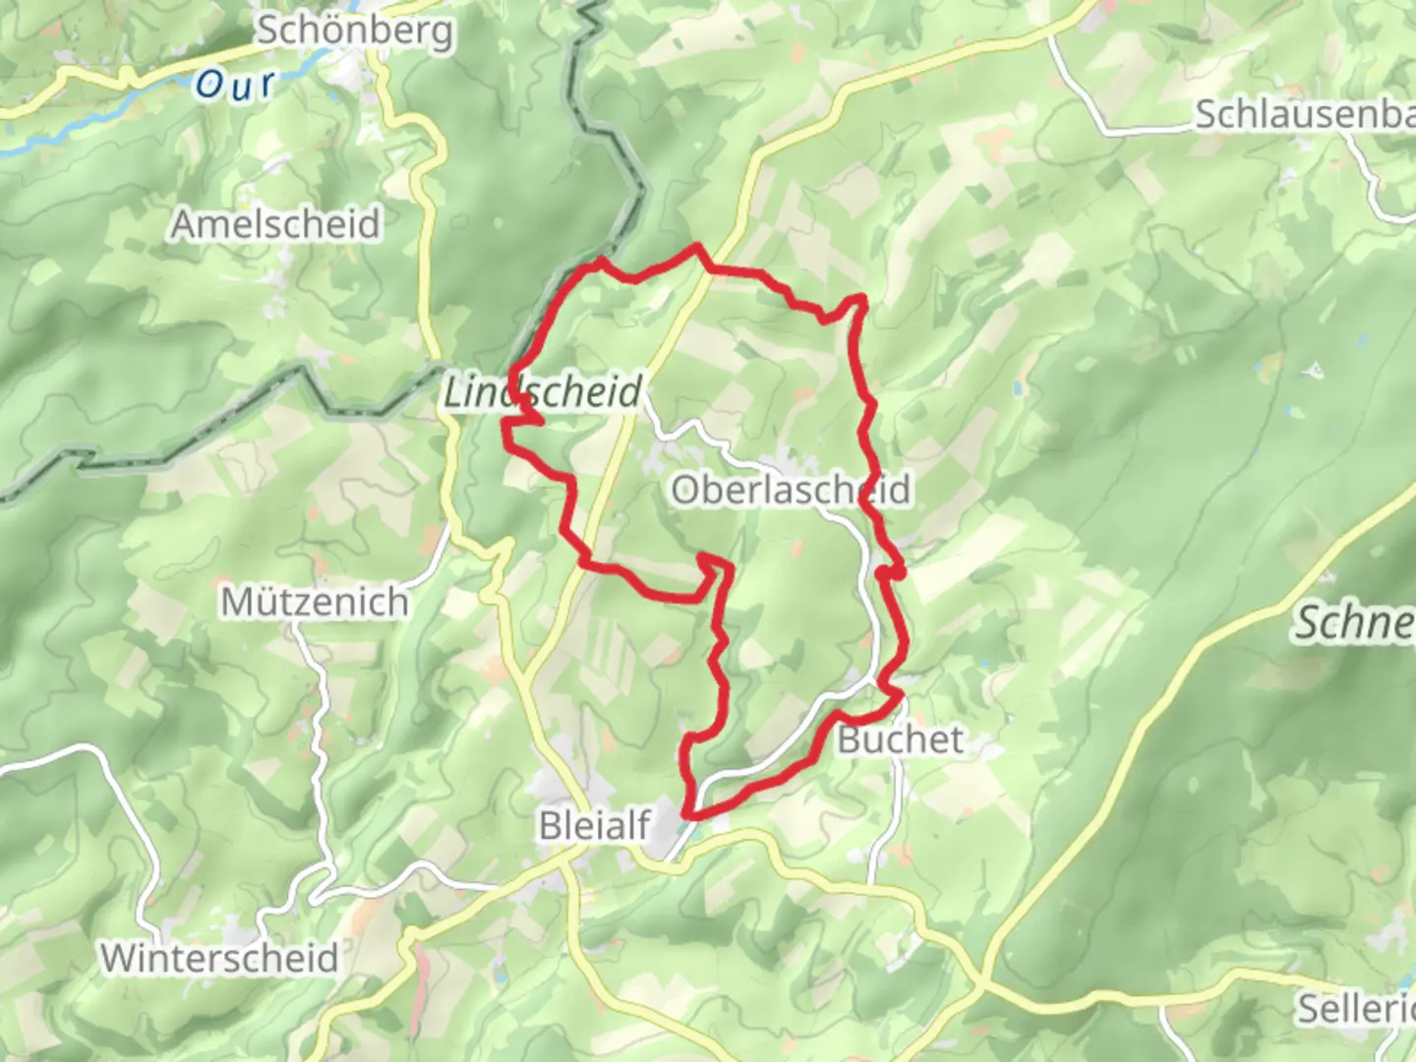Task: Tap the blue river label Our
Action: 234,85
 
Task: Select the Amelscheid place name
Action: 275,224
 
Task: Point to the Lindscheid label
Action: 543,392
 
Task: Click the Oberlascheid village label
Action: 791,489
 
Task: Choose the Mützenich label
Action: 315,601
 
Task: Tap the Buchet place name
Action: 900,739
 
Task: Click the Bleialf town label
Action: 595,826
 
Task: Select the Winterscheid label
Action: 219,958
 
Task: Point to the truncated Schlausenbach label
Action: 1304,115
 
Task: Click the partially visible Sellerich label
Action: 1355,1008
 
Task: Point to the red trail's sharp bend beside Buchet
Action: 897,694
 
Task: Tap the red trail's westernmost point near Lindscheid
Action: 505,425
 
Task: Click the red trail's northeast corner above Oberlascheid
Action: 861,297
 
